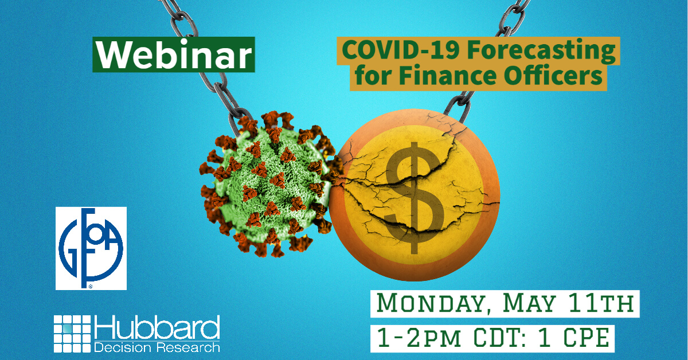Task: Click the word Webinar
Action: (173, 56)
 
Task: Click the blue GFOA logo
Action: (91, 248)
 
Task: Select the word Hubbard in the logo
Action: (157, 328)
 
